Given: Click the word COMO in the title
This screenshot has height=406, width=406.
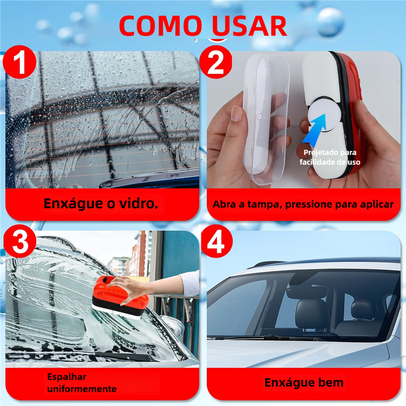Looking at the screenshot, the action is (160, 26).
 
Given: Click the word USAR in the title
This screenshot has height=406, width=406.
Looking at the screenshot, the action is (249, 26).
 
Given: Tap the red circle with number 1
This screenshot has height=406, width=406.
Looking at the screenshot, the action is (20, 62).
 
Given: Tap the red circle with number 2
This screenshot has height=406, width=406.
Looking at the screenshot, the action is (216, 62).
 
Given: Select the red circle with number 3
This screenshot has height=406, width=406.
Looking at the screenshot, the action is (20, 242).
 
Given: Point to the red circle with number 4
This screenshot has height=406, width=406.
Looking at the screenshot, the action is (217, 242).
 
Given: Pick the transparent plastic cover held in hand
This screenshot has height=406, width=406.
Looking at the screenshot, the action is (265, 118).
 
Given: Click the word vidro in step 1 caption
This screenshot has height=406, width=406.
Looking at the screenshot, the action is (139, 204).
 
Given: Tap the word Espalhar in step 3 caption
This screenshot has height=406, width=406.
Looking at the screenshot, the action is (67, 377).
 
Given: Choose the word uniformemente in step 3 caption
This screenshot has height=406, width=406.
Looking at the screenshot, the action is (82, 389).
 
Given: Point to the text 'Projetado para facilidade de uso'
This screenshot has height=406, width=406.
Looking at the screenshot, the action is (330, 157).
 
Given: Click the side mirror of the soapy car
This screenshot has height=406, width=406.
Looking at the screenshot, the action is (173, 326).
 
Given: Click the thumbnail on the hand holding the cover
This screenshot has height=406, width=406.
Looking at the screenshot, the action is (237, 113).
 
